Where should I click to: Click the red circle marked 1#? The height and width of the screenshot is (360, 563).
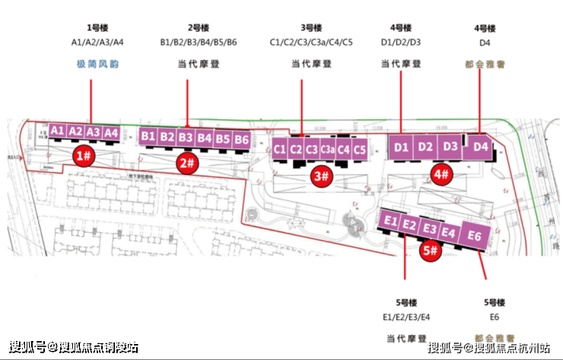click(84, 157)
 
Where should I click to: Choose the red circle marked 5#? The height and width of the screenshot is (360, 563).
click(430, 249)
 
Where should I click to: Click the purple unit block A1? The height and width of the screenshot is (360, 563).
click(57, 131)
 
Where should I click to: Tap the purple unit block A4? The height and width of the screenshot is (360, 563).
click(111, 132)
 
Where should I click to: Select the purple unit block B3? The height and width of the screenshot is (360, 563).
click(186, 138)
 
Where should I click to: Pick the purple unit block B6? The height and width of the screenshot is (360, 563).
click(241, 139)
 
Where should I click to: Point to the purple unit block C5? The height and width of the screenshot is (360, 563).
click(360, 149)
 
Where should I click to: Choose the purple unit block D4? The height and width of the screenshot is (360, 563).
click(479, 146)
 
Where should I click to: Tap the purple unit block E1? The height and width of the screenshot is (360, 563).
click(392, 221)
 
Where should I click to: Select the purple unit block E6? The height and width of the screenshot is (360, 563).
click(476, 235)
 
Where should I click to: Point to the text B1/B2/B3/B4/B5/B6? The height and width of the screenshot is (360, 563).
click(199, 43)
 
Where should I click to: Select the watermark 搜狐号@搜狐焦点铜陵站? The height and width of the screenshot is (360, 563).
click(75, 348)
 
